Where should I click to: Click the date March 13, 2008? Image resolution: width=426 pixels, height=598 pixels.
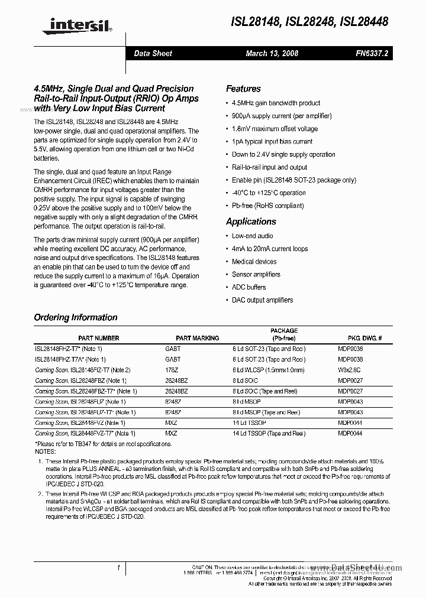click(x=272, y=53)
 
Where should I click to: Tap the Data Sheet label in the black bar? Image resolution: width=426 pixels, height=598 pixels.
click(x=153, y=53)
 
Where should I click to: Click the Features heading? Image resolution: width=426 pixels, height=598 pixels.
click(x=243, y=89)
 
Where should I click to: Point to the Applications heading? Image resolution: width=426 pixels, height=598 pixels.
click(x=251, y=222)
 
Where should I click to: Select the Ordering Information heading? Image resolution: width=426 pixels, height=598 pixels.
click(x=76, y=317)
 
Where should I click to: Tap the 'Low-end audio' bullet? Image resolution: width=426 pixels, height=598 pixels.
click(x=253, y=236)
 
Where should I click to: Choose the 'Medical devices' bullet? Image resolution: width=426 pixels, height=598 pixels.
click(x=254, y=261)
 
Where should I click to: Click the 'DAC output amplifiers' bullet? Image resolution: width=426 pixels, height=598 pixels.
click(x=262, y=300)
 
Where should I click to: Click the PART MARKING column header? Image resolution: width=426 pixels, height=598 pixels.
click(x=198, y=338)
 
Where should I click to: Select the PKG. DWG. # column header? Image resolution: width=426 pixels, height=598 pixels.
click(x=364, y=338)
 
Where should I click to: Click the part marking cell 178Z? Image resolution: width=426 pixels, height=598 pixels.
click(x=172, y=370)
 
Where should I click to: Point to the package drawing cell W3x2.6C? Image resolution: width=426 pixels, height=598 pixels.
click(x=350, y=370)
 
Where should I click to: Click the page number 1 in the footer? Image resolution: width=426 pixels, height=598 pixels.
click(x=119, y=568)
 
